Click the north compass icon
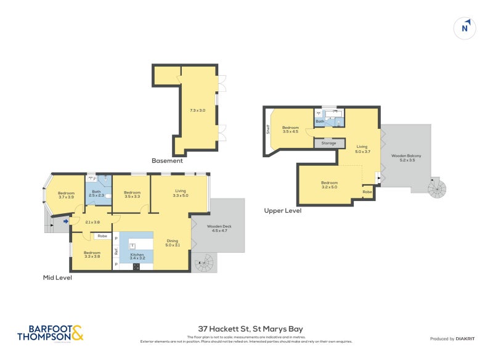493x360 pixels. (x=466, y=27)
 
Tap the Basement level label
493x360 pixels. (x=168, y=161)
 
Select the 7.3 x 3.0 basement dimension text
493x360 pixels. (x=197, y=110)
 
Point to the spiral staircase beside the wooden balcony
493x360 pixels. (x=440, y=187)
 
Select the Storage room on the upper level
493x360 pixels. (x=329, y=143)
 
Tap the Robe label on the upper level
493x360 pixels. (x=367, y=192)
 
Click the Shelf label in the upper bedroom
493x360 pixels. (x=268, y=130)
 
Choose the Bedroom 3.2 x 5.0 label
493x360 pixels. (x=329, y=184)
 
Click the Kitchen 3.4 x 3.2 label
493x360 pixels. (x=137, y=255)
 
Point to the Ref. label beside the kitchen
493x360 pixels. (x=116, y=251)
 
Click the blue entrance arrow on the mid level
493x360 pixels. (x=66, y=220)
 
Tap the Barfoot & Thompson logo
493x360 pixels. (x=49, y=333)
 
